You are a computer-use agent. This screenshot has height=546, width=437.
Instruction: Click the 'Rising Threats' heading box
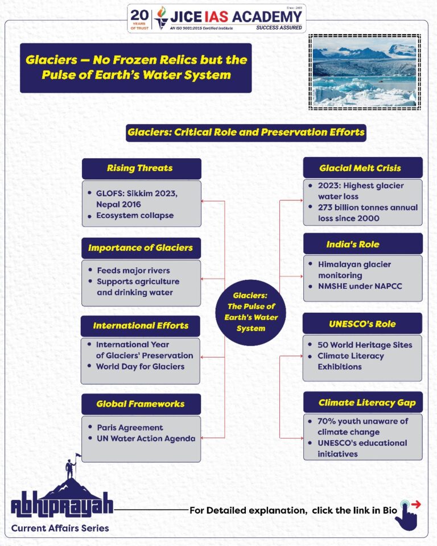(141, 168)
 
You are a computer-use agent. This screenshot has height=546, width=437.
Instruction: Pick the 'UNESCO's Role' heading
(362, 324)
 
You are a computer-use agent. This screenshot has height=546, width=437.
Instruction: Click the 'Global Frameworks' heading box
(141, 404)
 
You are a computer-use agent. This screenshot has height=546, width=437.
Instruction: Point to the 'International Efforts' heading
(141, 326)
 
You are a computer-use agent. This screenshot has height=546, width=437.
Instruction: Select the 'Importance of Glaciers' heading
(141, 248)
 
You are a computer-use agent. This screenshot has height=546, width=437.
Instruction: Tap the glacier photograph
(364, 72)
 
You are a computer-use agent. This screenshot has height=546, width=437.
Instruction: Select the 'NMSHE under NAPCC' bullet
(360, 286)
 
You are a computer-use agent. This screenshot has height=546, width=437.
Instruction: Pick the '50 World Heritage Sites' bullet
(365, 345)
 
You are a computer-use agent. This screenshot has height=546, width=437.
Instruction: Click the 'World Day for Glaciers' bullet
(140, 366)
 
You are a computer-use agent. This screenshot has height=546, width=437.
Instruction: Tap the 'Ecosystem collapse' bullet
(135, 216)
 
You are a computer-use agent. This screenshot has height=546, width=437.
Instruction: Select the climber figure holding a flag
(71, 466)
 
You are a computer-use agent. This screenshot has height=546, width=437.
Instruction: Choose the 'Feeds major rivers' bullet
(133, 271)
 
